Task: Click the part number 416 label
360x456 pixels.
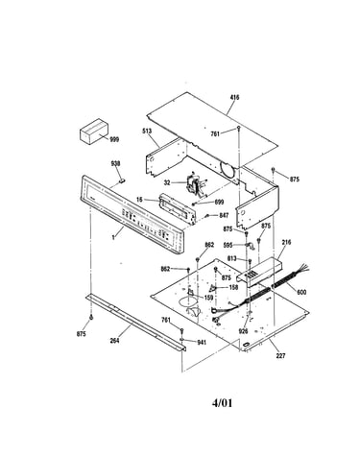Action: coord(234,97)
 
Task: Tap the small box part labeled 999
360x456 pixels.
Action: coord(93,132)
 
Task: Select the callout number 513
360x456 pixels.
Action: coord(147,131)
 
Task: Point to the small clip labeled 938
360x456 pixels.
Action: coord(122,180)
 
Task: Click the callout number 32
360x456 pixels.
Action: coord(167,182)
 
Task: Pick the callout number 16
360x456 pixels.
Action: coord(139,200)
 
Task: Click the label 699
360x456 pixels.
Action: coord(220,202)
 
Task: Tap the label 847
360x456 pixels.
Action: coord(224,215)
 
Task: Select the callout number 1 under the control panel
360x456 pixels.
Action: coord(113,237)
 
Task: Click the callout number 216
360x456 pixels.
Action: coord(286,242)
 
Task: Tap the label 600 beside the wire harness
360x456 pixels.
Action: coord(301,292)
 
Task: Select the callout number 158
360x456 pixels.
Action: coord(233,287)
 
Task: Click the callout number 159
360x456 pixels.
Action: coord(208,298)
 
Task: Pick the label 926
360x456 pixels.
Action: coord(244,331)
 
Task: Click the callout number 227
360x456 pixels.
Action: coord(280,355)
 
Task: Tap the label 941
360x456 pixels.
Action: coord(202,343)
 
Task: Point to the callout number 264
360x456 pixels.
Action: coord(114,341)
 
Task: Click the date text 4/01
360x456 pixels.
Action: coord(222,402)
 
